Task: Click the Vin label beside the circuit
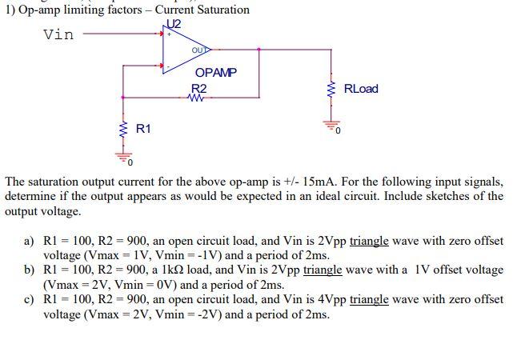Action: pyautogui.click(x=58, y=34)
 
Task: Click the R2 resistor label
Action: pyautogui.click(x=199, y=89)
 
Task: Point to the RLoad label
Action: pyautogui.click(x=360, y=89)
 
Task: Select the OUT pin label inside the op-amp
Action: pyautogui.click(x=199, y=50)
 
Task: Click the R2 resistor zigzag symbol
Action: pyautogui.click(x=198, y=99)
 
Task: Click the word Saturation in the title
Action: pyautogui.click(x=216, y=10)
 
